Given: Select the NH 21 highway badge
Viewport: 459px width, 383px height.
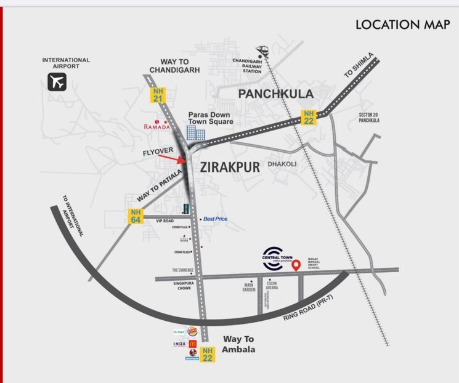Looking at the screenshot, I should [x=158, y=94].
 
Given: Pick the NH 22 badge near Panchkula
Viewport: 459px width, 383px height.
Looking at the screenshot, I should [x=308, y=116].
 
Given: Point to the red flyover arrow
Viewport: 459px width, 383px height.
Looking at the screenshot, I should [x=172, y=160].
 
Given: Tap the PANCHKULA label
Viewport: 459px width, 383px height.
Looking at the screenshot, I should [x=276, y=94].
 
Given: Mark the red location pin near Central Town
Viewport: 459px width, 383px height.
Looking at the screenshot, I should [x=296, y=265].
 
